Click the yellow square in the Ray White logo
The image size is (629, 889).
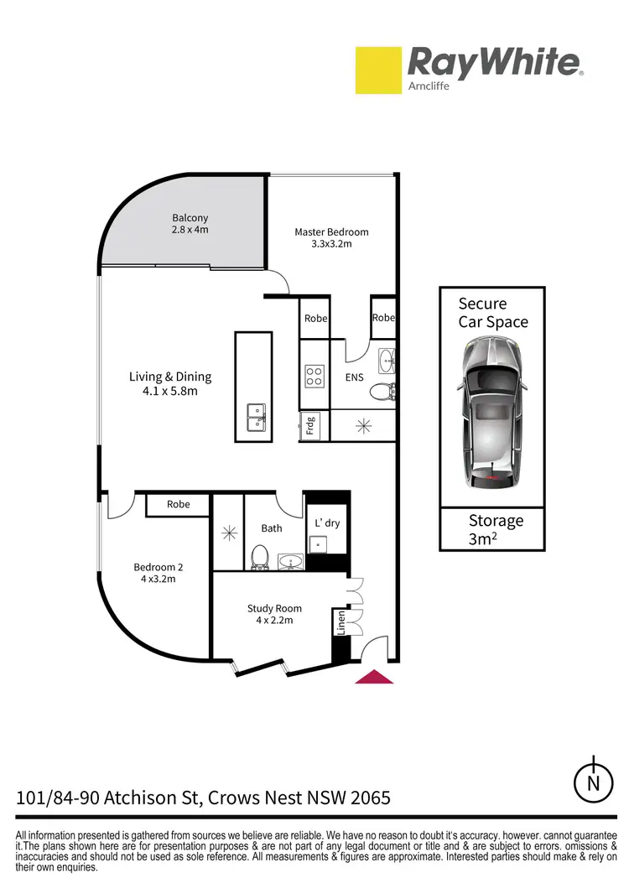(x=377, y=70)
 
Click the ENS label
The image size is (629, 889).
(x=355, y=377)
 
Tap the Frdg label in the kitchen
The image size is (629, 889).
(x=309, y=427)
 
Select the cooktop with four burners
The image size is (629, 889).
(x=314, y=377)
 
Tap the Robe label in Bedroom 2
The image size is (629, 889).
(x=178, y=505)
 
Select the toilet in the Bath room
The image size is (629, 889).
(x=259, y=557)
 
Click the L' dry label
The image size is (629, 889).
(x=327, y=523)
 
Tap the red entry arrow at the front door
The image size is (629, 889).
(x=374, y=676)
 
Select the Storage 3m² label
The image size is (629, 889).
(x=495, y=529)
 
